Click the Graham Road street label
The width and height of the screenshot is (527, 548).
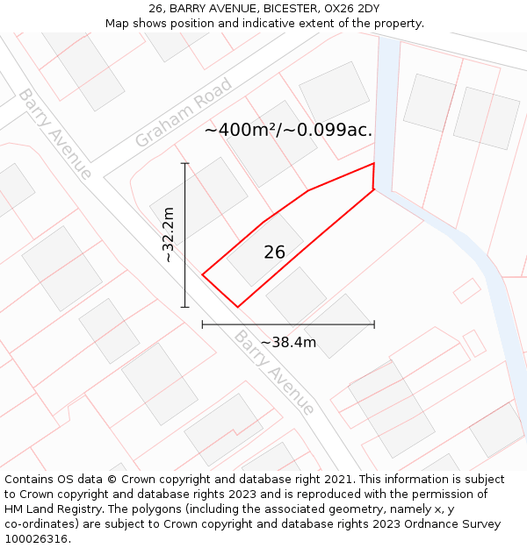(x=184, y=113)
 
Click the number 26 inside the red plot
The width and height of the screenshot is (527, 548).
(x=275, y=253)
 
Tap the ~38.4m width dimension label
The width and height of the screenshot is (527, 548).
(x=288, y=342)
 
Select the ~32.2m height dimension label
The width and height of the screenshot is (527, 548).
(x=170, y=235)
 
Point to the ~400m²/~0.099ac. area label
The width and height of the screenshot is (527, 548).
(x=288, y=130)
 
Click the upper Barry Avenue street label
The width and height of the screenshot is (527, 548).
(x=54, y=133)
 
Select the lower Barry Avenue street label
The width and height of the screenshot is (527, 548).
(x=274, y=372)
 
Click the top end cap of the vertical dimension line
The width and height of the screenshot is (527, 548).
(x=184, y=163)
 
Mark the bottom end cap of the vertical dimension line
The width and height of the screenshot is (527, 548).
(x=184, y=307)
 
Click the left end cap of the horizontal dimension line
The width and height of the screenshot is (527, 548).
(x=203, y=324)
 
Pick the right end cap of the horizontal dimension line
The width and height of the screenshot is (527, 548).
(x=374, y=324)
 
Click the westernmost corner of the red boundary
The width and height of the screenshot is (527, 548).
(x=203, y=274)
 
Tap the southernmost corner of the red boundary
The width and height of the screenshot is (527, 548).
(x=237, y=306)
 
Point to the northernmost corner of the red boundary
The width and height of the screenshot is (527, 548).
(x=374, y=163)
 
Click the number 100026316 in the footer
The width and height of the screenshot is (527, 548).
(x=36, y=539)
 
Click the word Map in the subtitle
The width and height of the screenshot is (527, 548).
(x=118, y=24)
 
